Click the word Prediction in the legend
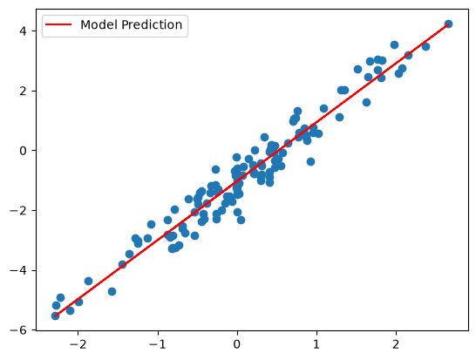pos(152,25)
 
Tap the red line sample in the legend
pos(58,24)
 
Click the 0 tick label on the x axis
pos(237,345)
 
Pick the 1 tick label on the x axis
pos(316,345)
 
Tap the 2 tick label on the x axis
pos(396,345)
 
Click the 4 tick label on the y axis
pos(24,31)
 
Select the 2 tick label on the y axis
pos(24,91)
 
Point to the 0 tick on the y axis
pos(24,151)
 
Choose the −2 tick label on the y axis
pos(19,210)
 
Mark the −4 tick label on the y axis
pos(19,270)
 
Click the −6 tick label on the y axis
pos(19,330)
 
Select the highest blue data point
pos(448,24)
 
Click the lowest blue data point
pos(55,316)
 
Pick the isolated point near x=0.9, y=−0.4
pos(310,162)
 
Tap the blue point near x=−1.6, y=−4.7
pos(112,292)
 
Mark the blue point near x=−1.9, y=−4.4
pos(88,281)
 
